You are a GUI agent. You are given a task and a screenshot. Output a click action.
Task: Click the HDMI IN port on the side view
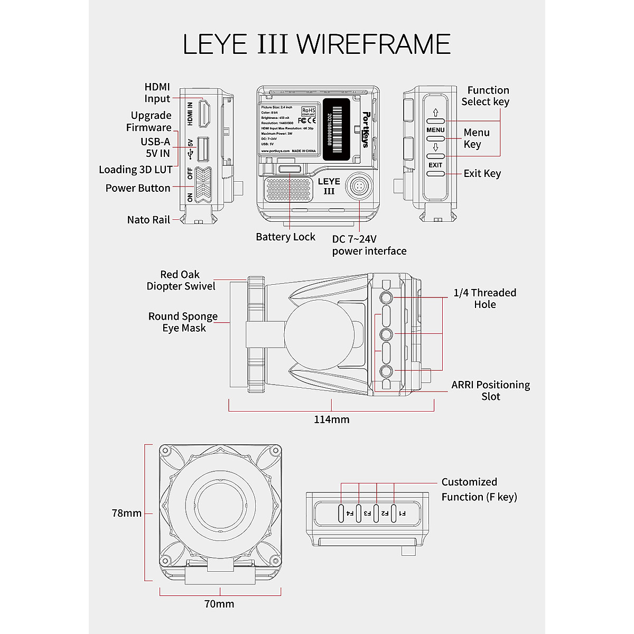[204, 113]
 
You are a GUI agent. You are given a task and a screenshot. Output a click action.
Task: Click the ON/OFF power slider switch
[203, 185]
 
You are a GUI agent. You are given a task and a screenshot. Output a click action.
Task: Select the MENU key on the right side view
[435, 138]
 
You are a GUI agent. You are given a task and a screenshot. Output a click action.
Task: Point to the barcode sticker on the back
[336, 128]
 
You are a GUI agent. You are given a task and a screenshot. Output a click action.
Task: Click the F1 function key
[394, 512]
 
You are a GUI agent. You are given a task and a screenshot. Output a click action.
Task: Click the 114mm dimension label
[331, 419]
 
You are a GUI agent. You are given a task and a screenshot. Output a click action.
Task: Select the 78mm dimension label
[127, 513]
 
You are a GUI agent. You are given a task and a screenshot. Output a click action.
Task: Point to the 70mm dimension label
[219, 603]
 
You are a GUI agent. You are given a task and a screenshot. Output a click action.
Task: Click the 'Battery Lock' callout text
[285, 237]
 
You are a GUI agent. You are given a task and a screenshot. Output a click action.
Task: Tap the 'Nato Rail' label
[148, 220]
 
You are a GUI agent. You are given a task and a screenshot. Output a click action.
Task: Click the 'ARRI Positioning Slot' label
[490, 390]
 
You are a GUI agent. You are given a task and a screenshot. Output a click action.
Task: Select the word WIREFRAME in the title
[374, 44]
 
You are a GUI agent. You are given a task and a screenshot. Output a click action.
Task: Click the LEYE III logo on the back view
[329, 186]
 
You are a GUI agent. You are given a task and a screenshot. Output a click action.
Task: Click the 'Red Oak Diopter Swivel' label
[181, 280]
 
